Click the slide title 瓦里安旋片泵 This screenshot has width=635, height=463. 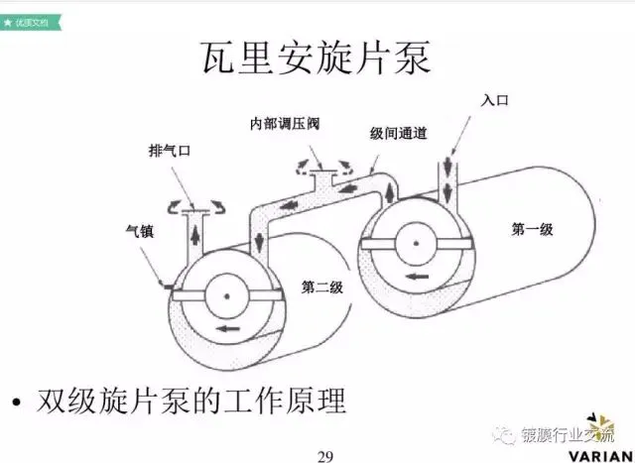[317, 58]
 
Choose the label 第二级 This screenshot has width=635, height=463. [321, 288]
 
